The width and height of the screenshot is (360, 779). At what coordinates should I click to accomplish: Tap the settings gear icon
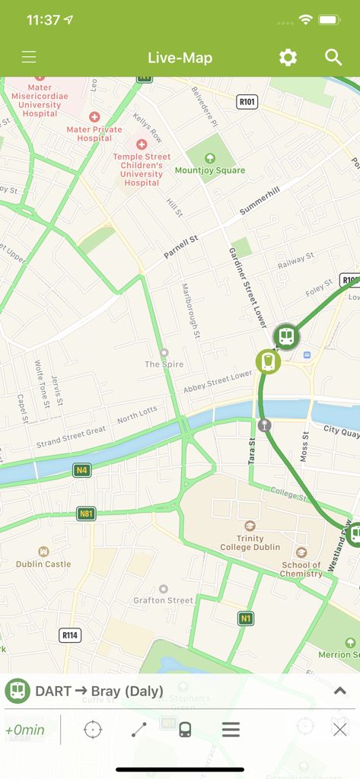pyautogui.click(x=288, y=58)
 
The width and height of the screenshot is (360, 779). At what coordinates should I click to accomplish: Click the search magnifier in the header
pyautogui.click(x=333, y=58)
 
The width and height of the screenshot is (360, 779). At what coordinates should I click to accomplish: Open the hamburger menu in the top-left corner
pyautogui.click(x=29, y=58)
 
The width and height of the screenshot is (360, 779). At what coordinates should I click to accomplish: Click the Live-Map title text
pyautogui.click(x=180, y=58)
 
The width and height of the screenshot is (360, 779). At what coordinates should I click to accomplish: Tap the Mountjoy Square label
pyautogui.click(x=210, y=170)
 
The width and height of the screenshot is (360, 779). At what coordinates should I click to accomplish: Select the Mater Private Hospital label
pyautogui.click(x=94, y=134)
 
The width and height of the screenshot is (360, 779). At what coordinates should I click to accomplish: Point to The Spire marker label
pyautogui.click(x=164, y=364)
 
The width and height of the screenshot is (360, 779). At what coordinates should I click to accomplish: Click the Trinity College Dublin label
pyautogui.click(x=250, y=542)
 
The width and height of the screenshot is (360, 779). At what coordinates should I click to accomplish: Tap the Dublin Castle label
pyautogui.click(x=43, y=564)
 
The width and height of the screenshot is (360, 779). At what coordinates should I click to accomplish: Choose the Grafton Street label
pyautogui.click(x=164, y=599)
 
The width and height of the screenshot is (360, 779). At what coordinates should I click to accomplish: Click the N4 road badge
pyautogui.click(x=81, y=471)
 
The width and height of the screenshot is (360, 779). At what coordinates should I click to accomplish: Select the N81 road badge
pyautogui.click(x=87, y=514)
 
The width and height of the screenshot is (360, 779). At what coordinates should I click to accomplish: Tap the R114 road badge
pyautogui.click(x=70, y=635)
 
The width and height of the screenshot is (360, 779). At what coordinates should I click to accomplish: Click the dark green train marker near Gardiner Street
pyautogui.click(x=286, y=336)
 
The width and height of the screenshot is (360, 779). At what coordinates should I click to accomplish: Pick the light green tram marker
pyautogui.click(x=268, y=361)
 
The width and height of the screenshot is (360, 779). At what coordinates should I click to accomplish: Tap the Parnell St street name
pyautogui.click(x=182, y=249)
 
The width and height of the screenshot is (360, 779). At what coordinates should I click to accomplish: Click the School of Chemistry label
pyautogui.click(x=301, y=569)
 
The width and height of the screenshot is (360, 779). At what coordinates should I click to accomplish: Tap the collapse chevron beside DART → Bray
pyautogui.click(x=339, y=692)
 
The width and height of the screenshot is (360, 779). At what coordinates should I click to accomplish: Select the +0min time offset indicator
pyautogui.click(x=25, y=730)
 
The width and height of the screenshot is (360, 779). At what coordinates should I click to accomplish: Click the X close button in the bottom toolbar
pyautogui.click(x=339, y=730)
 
